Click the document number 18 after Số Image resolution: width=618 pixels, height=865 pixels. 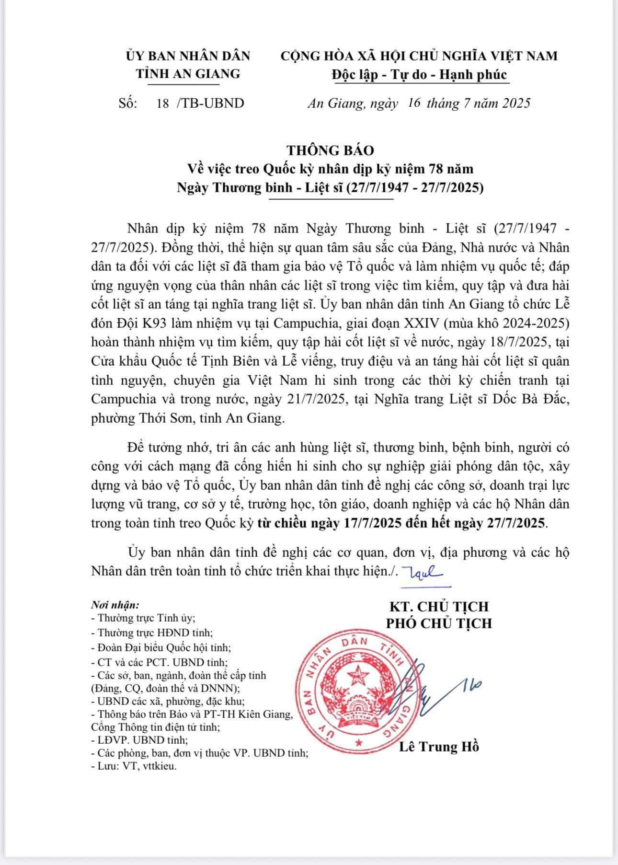(162, 104)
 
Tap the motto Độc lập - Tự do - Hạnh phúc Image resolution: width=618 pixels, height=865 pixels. (419, 74)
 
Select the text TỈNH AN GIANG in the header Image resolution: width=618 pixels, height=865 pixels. (188, 74)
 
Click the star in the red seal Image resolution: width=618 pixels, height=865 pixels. (356, 677)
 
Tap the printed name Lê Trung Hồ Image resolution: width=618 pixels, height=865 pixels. (439, 747)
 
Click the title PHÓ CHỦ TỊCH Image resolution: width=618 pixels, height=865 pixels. (439, 623)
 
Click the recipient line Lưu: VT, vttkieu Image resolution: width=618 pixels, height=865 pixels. (134, 766)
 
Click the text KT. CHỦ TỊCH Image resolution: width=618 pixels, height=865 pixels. (439, 606)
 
